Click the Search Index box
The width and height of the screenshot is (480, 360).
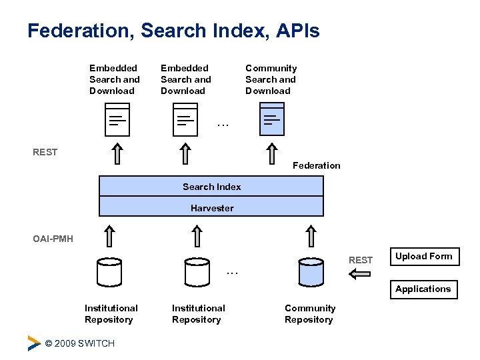click(211, 187)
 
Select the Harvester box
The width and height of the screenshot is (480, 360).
click(211, 207)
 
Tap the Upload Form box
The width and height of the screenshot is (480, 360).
click(423, 257)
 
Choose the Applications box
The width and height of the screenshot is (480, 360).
click(423, 289)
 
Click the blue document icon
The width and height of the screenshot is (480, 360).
click(271, 120)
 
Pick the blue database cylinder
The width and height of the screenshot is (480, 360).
click(311, 271)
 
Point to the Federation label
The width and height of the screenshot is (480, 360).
click(316, 165)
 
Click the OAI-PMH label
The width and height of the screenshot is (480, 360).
click(53, 239)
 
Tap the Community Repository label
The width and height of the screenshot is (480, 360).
click(310, 314)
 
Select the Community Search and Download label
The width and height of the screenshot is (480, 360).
click(271, 79)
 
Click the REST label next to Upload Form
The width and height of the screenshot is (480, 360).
click(361, 260)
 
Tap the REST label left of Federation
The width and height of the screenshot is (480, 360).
click(45, 152)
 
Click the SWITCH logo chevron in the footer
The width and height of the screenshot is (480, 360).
click(34, 343)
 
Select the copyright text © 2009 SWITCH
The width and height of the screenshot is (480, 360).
click(79, 343)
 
